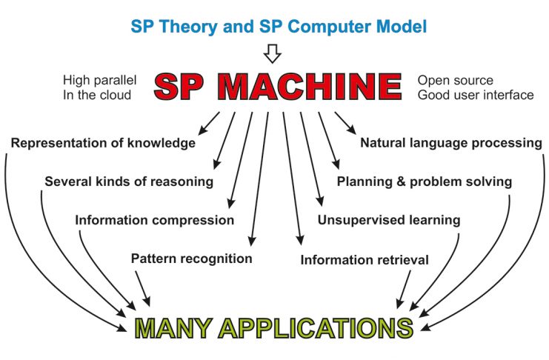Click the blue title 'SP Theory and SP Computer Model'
coord(279,27)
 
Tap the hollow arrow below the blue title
coord(272,53)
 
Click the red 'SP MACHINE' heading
coord(278,87)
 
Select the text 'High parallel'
coord(99,81)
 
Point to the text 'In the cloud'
coord(97,95)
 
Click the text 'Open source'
coord(455,81)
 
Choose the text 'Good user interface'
coord(476,95)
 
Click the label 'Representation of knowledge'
coord(103,143)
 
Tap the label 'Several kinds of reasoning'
coord(129,181)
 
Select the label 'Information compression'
coord(154,220)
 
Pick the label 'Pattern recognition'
coord(191,259)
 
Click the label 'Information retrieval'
coord(365,260)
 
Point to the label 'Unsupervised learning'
coord(389,220)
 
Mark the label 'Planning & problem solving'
coord(425,181)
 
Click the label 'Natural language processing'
coord(451,143)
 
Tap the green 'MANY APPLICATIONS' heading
coord(274,328)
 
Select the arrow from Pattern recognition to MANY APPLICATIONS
coord(143,289)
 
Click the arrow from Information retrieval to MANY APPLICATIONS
coord(403,290)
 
